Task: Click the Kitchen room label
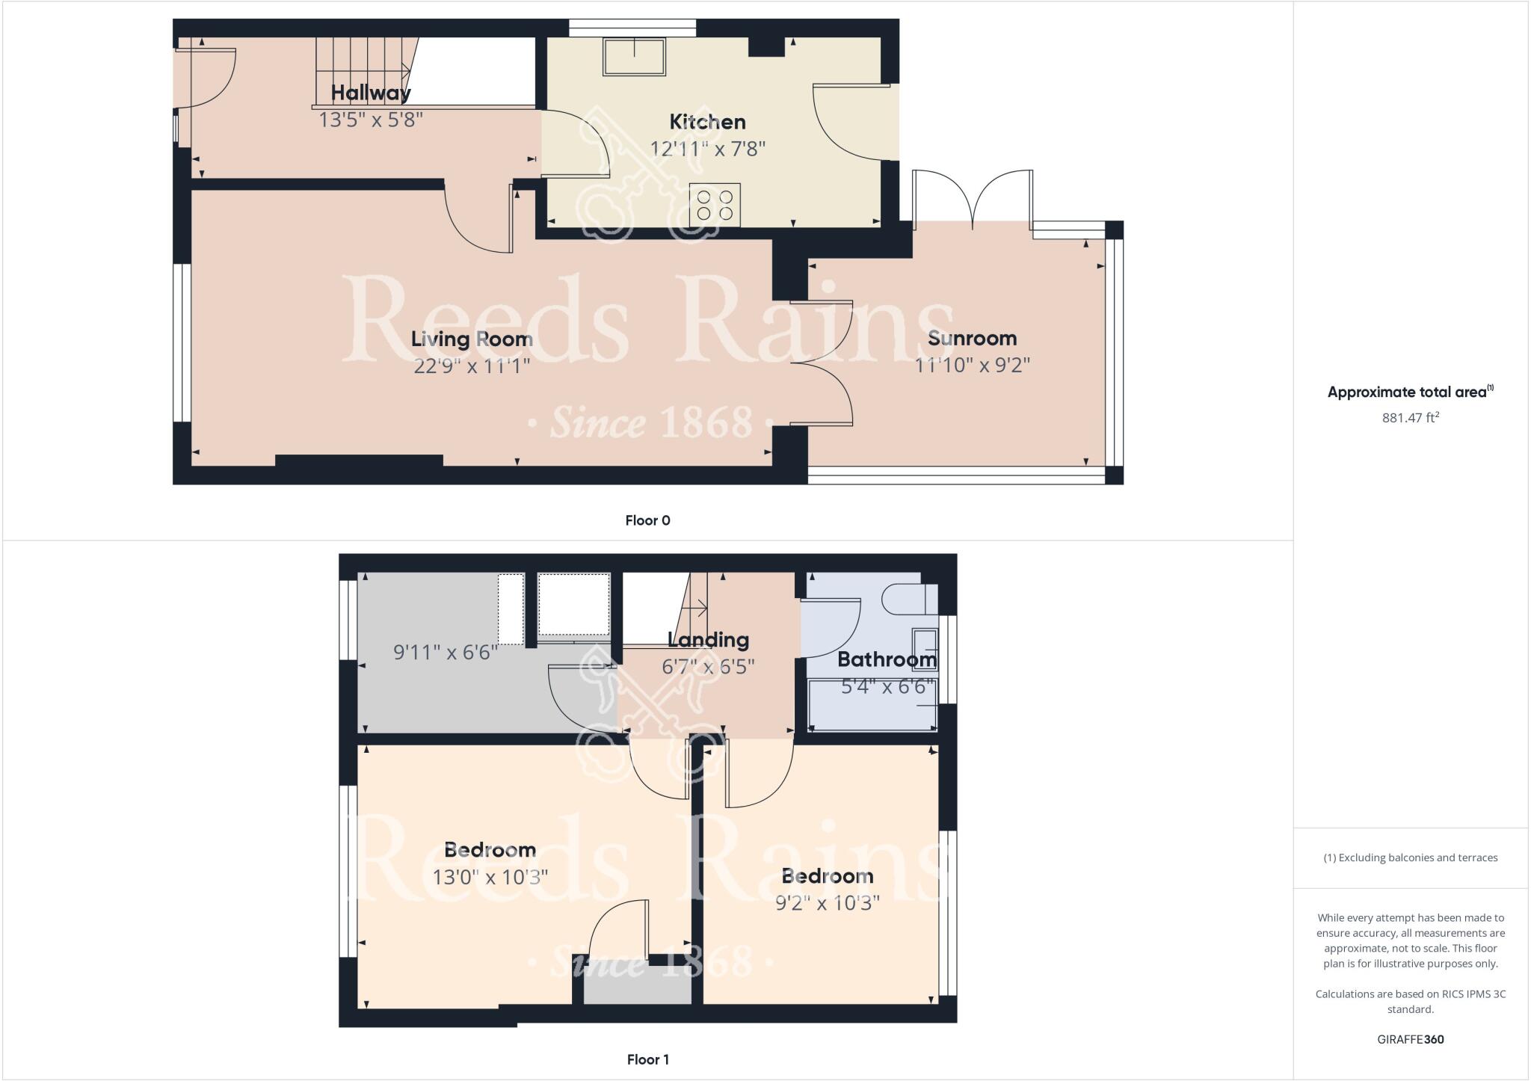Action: coord(707,122)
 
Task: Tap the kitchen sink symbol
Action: coord(635,56)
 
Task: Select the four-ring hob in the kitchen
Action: coord(715,205)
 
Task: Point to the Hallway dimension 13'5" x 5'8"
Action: coord(371,120)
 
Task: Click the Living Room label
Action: coord(472,339)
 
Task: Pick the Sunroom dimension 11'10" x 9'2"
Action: coord(972,366)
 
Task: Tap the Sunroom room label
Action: coord(972,339)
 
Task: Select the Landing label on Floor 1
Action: coord(708,640)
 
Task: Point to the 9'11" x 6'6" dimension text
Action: coord(446,653)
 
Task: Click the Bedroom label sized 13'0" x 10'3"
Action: coord(490,850)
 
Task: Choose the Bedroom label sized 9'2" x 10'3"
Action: coord(827,876)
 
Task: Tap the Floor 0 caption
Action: coord(647,521)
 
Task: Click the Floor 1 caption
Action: coord(647,1059)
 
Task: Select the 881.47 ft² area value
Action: coord(1411,418)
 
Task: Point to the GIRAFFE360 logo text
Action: coord(1411,1039)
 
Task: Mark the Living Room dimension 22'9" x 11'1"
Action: coord(472,366)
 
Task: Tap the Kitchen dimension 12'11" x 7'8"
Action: coord(707,149)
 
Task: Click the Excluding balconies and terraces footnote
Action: coord(1411,857)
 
